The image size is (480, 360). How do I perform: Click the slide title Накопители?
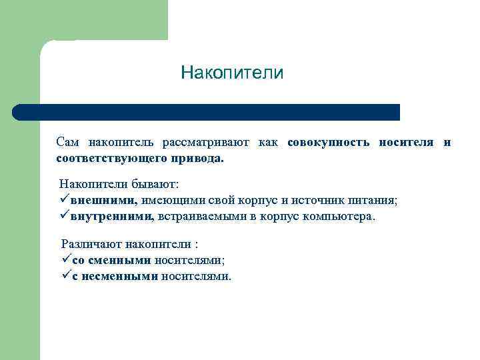tap(232, 73)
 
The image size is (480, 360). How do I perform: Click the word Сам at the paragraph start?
tap(67, 142)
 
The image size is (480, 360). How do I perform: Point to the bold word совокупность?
tap(329, 142)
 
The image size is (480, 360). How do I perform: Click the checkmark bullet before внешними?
tap(65, 199)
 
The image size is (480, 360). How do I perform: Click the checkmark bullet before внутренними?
tap(65, 216)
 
